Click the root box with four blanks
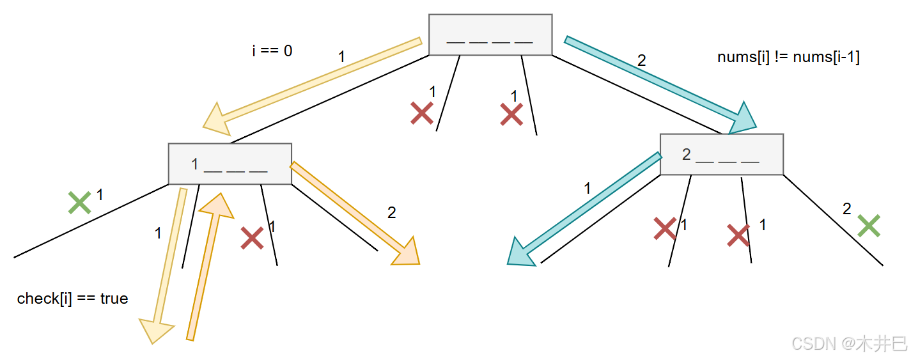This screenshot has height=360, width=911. (490, 35)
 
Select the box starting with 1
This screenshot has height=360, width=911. (230, 164)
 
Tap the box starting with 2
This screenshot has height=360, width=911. (721, 154)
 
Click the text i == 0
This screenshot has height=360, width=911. (272, 51)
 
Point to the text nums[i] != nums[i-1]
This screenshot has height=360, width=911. (788, 57)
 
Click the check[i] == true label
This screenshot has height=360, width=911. (72, 299)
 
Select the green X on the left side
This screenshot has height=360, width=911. (79, 203)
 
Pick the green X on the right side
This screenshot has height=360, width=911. (869, 225)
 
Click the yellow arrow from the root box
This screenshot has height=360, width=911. (313, 84)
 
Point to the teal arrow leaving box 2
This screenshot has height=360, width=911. (585, 210)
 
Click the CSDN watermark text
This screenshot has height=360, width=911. (850, 343)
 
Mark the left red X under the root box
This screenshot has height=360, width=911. (422, 114)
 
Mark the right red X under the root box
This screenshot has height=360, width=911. (511, 114)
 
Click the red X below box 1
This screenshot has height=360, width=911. (252, 238)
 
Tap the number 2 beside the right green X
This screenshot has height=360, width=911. (847, 209)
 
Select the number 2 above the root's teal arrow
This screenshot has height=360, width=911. (642, 61)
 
